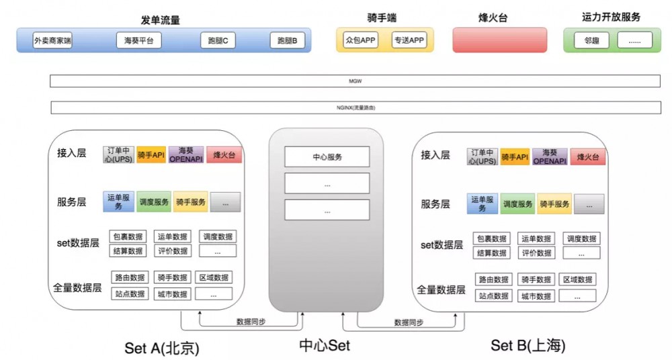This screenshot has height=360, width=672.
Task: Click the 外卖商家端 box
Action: tap(52, 41)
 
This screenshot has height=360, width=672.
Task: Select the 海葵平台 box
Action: tap(139, 41)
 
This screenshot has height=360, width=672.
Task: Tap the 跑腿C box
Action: tap(218, 41)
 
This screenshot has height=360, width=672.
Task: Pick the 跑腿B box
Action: tap(287, 41)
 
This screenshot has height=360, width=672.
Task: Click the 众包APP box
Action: tap(360, 40)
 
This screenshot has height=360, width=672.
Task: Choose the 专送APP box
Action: tap(409, 40)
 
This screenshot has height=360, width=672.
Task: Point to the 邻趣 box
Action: tap(591, 40)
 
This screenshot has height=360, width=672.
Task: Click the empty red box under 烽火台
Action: tap(489, 40)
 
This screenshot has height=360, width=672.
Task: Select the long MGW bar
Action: tap(355, 81)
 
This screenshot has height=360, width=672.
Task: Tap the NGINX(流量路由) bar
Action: tap(355, 107)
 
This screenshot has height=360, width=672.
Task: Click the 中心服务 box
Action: tap(327, 157)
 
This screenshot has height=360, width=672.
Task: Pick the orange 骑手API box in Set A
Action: tap(151, 155)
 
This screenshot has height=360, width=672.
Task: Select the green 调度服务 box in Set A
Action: tap(154, 202)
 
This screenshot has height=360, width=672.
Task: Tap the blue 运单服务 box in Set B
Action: tap(482, 204)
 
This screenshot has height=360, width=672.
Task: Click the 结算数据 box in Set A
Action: tap(127, 251)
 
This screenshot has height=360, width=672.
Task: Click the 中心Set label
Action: tap(325, 346)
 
